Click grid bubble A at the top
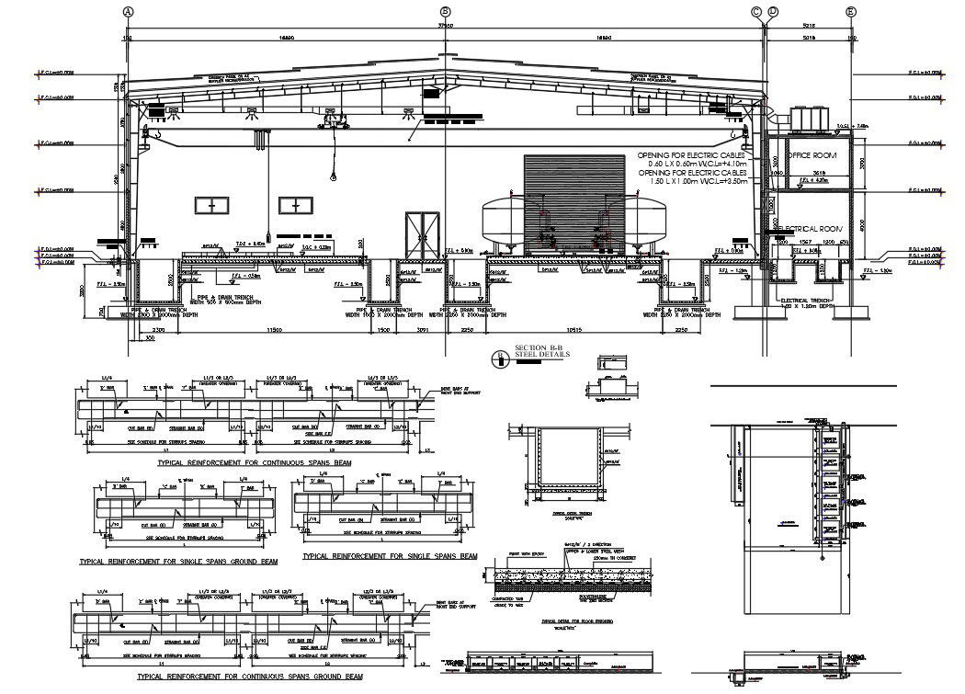tap(129, 11)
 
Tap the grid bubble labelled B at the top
tap(446, 11)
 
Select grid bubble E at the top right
tap(850, 11)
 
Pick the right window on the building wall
tap(297, 207)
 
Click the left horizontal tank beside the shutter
tap(504, 222)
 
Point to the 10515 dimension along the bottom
tap(576, 329)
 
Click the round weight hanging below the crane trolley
tap(332, 176)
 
